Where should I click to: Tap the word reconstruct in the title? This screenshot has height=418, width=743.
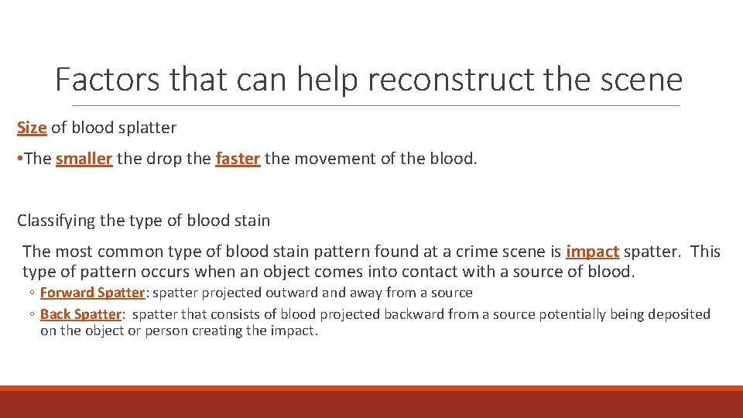tap(425, 80)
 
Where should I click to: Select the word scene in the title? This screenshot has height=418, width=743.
tap(642, 80)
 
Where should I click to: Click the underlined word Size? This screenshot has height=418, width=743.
tap(32, 128)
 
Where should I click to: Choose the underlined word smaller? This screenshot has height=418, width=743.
tap(84, 159)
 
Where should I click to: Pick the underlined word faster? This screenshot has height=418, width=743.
tap(238, 159)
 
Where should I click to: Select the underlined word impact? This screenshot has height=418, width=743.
tap(592, 252)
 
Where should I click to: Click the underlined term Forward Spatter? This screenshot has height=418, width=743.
tap(92, 293)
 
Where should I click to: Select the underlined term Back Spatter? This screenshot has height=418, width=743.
tap(80, 314)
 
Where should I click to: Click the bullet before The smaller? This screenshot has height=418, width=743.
tap(20, 159)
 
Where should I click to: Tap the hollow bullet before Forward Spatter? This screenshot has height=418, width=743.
tap(33, 293)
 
